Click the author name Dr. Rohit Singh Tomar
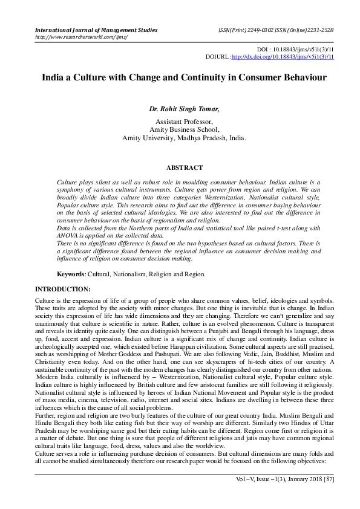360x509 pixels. point(184,109)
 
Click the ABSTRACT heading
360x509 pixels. point(184,167)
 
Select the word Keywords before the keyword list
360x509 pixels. point(71,274)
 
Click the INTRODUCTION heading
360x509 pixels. point(63,290)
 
